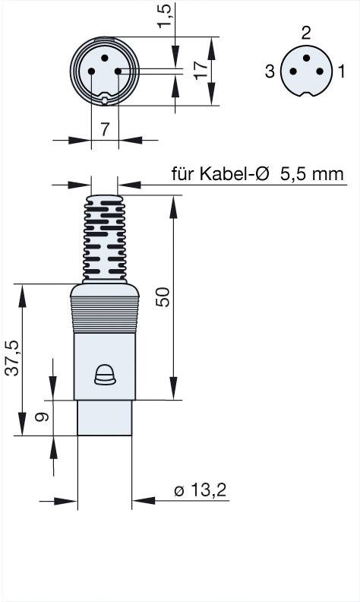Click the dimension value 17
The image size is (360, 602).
(x=201, y=72)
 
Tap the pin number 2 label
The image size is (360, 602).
(x=306, y=33)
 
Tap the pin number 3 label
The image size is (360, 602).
(x=270, y=72)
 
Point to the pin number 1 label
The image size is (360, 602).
(x=342, y=72)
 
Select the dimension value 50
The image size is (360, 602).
(x=162, y=296)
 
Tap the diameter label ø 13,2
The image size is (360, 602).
(x=201, y=491)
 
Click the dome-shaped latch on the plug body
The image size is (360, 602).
(x=104, y=374)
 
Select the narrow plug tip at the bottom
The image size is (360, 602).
(x=105, y=417)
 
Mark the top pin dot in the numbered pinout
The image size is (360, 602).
(x=306, y=58)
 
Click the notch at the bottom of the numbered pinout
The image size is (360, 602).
(x=306, y=94)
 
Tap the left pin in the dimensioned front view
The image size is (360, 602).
(x=91, y=71)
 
